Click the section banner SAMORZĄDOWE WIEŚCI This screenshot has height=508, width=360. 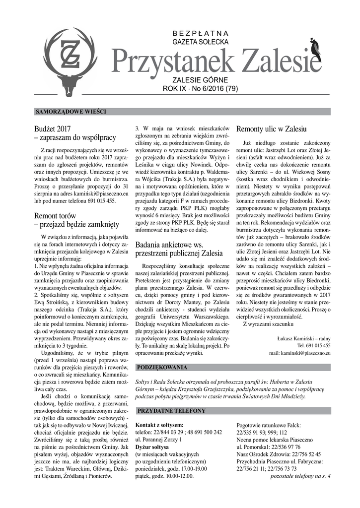pos(71,111)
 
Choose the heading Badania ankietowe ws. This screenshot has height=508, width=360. pos(169,246)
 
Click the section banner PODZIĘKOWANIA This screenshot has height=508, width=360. pos(162,368)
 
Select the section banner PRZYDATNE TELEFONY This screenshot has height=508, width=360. pos(171,411)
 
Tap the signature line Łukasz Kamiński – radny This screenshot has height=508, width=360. pos(303,338)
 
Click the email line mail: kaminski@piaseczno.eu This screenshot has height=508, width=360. pos(299,353)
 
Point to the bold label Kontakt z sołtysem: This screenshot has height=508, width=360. pos(159,425)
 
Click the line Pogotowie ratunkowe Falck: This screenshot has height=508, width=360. pos(269,425)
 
